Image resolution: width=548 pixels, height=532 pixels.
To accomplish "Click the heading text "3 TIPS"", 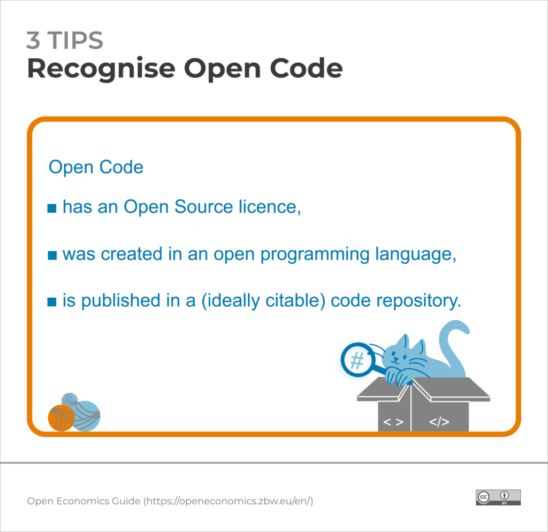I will (x=65, y=41).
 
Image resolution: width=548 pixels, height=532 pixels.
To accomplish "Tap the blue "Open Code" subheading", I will (x=96, y=167).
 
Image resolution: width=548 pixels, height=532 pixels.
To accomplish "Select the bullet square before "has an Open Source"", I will (x=52, y=208).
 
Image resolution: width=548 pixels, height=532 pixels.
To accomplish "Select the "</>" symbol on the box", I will (x=439, y=422).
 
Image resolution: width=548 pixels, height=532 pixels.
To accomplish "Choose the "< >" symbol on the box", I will (x=393, y=422).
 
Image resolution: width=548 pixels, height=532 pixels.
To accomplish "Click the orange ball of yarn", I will (x=61, y=418).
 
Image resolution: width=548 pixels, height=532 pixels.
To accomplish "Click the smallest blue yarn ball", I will (x=69, y=399).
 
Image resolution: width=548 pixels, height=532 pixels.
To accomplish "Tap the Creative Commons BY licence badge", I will (x=498, y=497).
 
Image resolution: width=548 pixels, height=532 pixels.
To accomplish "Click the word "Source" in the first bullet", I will (x=208, y=207).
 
